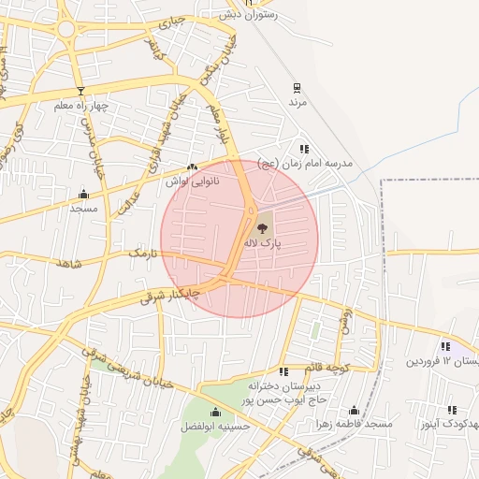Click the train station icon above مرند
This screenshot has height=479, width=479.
pyautogui.click(x=298, y=88)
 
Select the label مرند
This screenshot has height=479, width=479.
pyautogui.click(x=298, y=103)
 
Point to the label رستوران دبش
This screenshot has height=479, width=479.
pyautogui.click(x=244, y=15)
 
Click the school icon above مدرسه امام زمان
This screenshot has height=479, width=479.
pyautogui.click(x=304, y=149)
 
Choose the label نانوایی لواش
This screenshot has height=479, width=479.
pyautogui.click(x=192, y=180)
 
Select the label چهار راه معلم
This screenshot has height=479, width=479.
pyautogui.click(x=81, y=105)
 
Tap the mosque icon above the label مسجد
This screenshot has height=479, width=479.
pyautogui.click(x=83, y=195)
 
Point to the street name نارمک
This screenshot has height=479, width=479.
pyautogui.click(x=146, y=254)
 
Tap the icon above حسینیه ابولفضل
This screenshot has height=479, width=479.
pyautogui.click(x=216, y=412)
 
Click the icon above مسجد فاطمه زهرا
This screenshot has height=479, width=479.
pyautogui.click(x=354, y=410)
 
